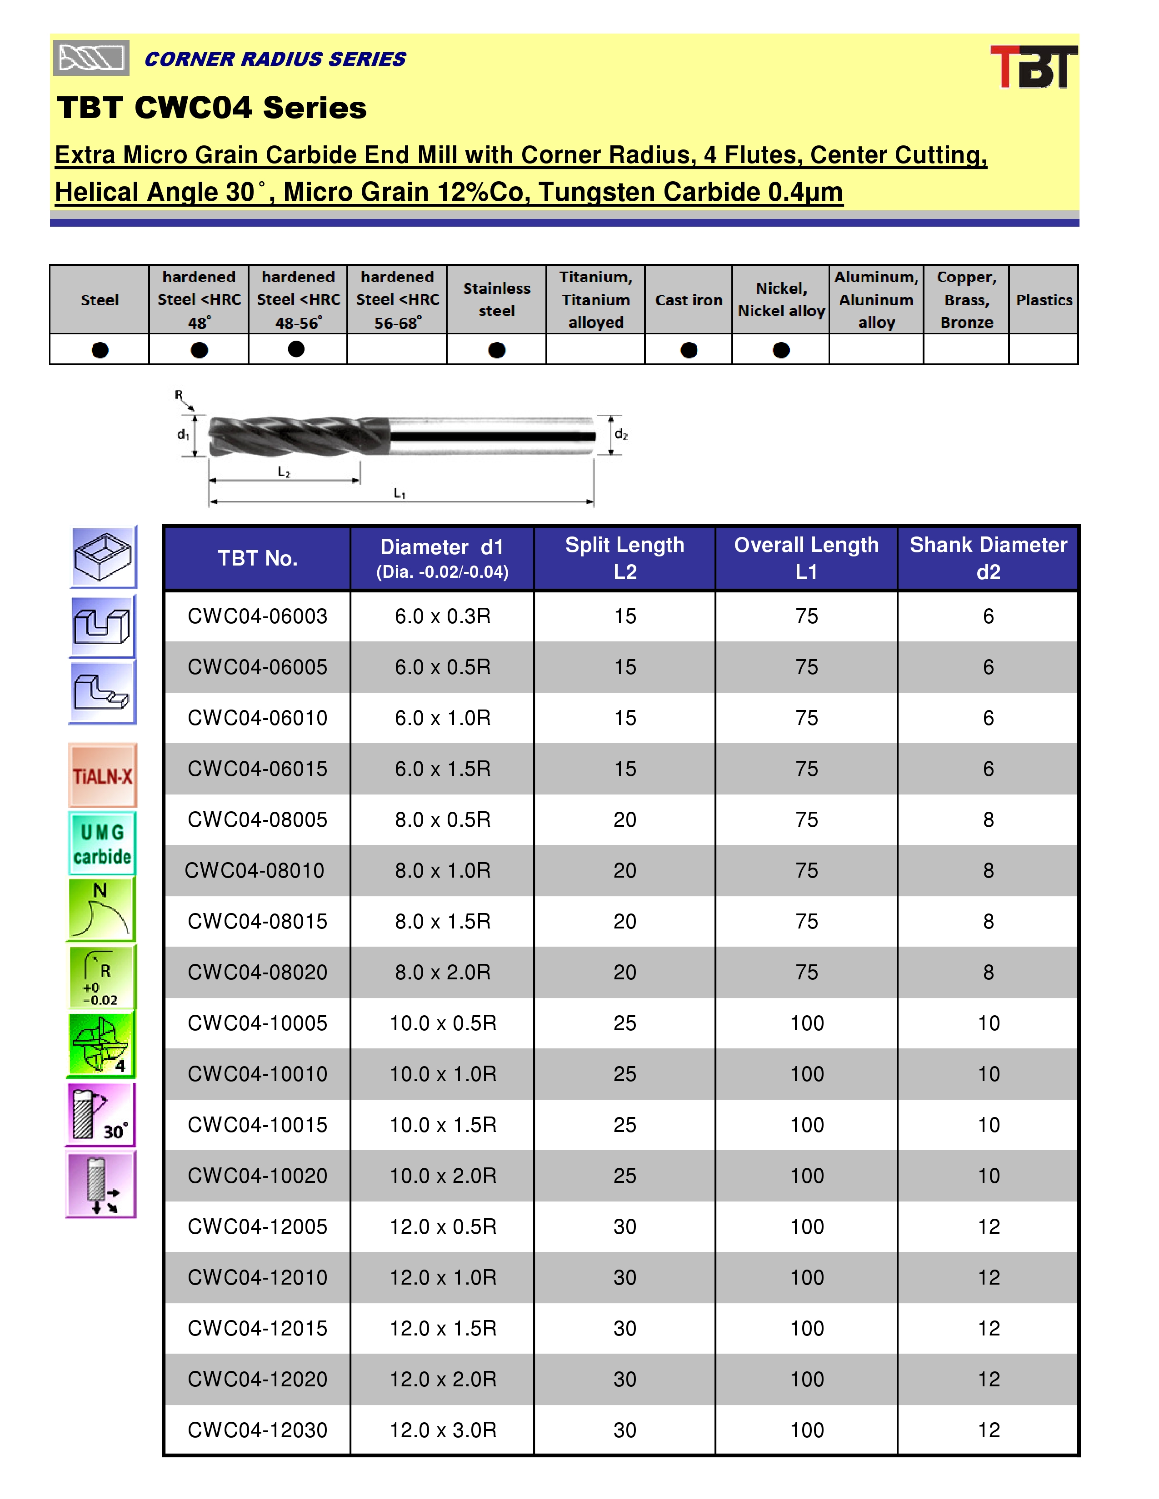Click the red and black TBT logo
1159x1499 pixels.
(x=1034, y=67)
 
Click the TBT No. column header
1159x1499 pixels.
(x=257, y=558)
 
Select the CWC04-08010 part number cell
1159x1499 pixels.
(x=255, y=870)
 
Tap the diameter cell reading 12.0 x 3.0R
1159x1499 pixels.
(x=443, y=1430)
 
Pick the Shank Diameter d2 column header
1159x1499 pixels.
(x=988, y=558)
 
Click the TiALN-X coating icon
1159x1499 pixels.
(x=102, y=775)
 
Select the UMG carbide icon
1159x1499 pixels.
(x=102, y=844)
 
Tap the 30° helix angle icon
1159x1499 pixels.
(x=101, y=1114)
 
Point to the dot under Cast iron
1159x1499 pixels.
(x=689, y=350)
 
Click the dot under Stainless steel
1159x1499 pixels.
(x=496, y=350)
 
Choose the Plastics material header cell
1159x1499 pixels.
(x=1044, y=300)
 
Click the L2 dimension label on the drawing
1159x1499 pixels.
(x=284, y=472)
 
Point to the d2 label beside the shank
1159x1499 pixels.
(x=621, y=434)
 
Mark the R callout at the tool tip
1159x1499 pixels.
(x=179, y=395)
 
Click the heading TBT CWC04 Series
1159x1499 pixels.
(x=212, y=108)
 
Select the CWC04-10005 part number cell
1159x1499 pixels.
(x=257, y=1022)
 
